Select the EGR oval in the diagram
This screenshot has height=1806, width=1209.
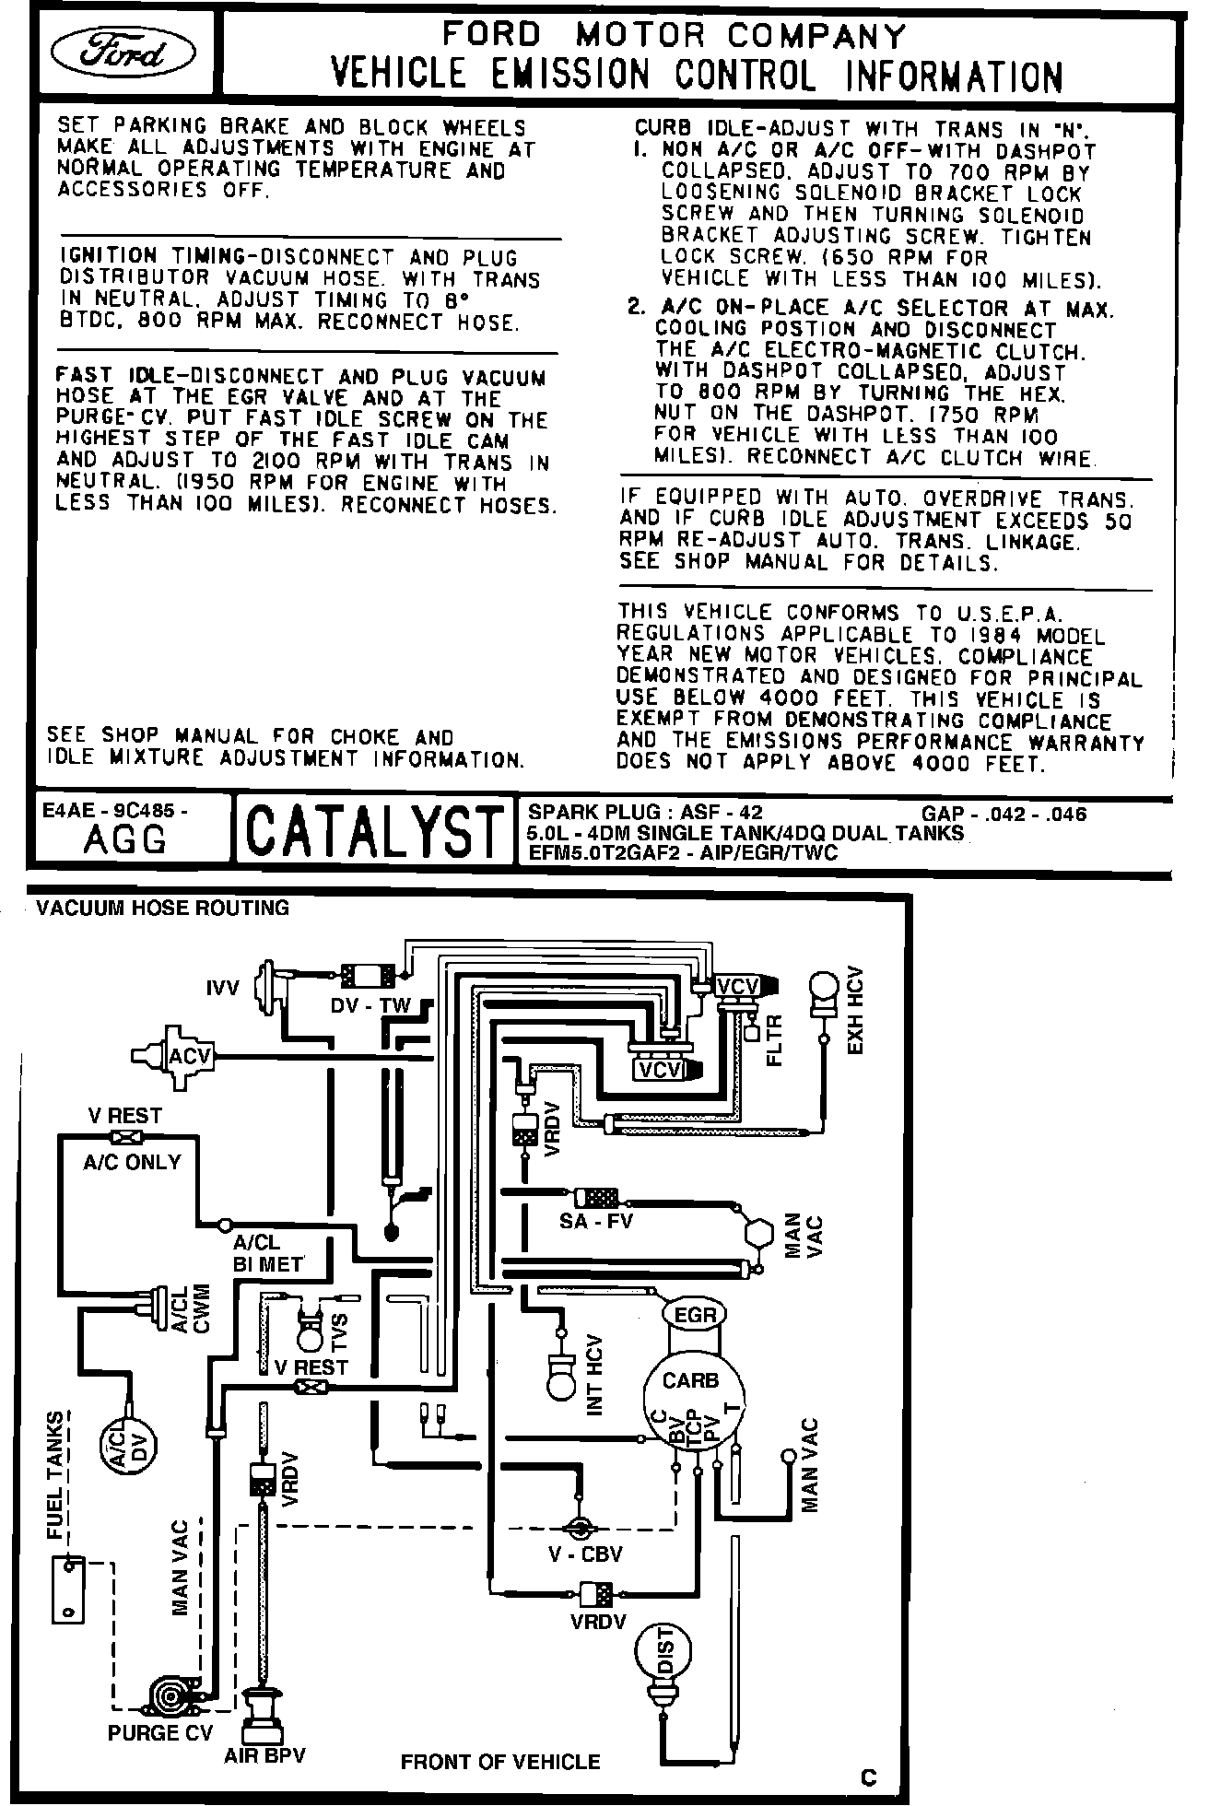[x=694, y=1315]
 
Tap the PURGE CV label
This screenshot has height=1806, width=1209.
[x=160, y=1732]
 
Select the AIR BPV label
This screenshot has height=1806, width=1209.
[x=264, y=1754]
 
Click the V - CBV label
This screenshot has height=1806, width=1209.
[x=585, y=1554]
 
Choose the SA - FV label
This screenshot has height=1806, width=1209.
[x=596, y=1222]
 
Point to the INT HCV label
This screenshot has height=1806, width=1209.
[x=594, y=1375]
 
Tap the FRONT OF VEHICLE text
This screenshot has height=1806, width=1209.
[x=500, y=1762]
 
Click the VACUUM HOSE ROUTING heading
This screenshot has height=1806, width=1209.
[x=162, y=908]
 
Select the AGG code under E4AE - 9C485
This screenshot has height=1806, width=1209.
[x=125, y=839]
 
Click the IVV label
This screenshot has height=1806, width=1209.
[x=222, y=988]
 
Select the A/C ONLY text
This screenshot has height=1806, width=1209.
[x=132, y=1162]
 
